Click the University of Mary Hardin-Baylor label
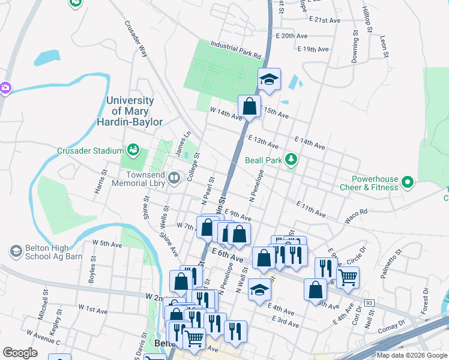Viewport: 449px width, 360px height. pos(130,111)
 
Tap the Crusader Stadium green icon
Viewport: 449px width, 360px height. pos(132,149)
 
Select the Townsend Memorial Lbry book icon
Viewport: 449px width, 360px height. pos(173,177)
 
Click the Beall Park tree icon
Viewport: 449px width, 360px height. pos(291,159)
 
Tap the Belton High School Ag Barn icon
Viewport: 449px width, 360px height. pos(16,250)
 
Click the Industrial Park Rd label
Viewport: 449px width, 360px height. pos(237,50)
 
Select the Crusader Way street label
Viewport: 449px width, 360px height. pos(136,40)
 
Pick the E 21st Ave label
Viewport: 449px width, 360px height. pos(325,20)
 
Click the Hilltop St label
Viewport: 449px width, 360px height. pos(367,20)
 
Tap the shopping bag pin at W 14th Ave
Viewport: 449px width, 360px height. pos(249,107)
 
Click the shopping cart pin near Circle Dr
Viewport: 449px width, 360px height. pos(348,277)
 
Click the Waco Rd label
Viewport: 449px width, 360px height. pos(356,217)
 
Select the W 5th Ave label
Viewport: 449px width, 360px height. pos(107,244)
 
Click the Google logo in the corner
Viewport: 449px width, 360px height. pos(20,352)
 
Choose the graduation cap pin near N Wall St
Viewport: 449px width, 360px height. pos(259,289)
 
